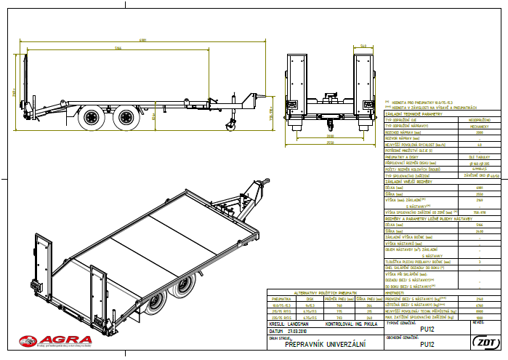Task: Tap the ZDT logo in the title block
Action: click(483, 342)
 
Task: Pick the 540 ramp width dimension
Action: click(363, 44)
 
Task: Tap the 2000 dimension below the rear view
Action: click(329, 136)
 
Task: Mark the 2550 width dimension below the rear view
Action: click(329, 143)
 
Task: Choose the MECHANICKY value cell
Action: click(479, 127)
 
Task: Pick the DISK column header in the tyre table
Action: click(309, 298)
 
